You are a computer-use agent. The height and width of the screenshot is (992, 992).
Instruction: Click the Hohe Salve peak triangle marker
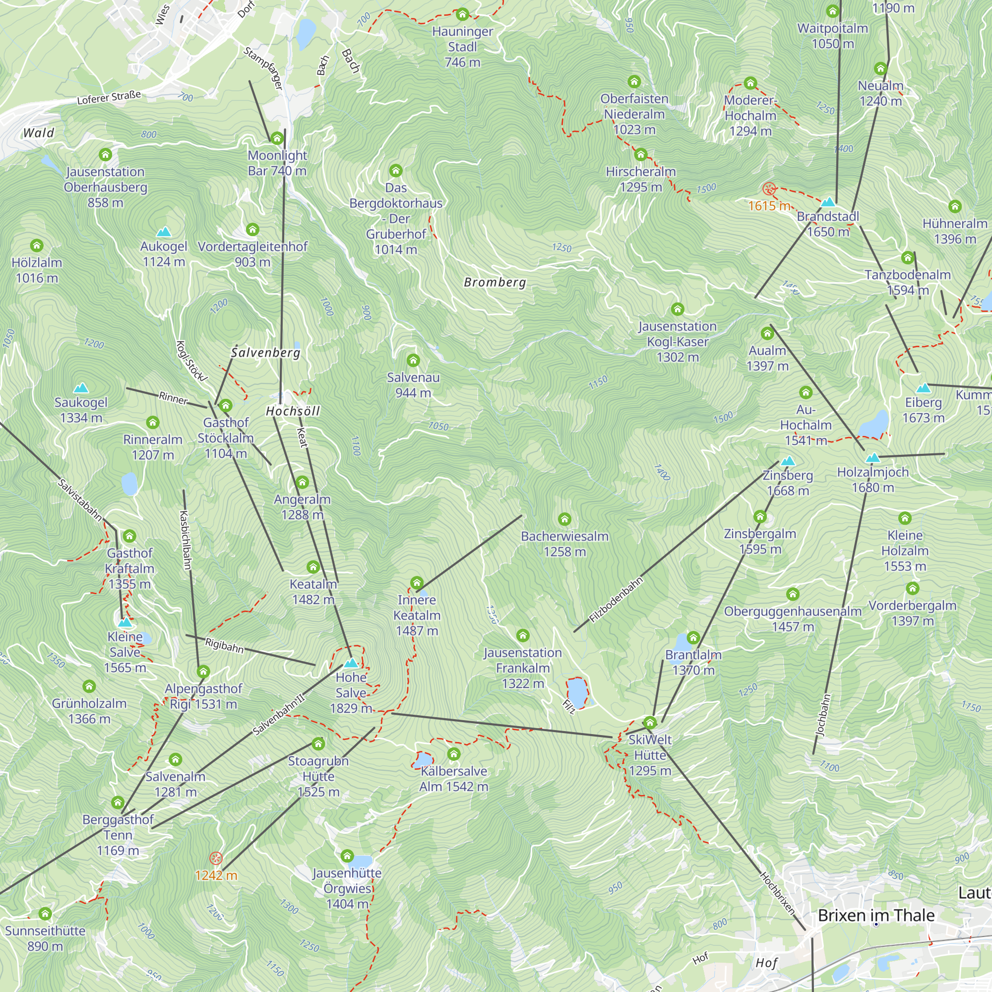tap(351, 663)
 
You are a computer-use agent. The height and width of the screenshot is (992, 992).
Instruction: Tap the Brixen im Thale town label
tap(876, 916)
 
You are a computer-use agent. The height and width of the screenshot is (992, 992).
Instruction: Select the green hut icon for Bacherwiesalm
tap(565, 519)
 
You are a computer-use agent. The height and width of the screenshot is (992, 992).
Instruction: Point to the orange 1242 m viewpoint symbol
tap(216, 858)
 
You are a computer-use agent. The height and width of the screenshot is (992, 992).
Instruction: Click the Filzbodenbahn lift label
tap(616, 600)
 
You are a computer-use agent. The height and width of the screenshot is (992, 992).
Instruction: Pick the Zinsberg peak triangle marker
tap(788, 461)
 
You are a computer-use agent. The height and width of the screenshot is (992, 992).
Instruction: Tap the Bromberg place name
tap(495, 282)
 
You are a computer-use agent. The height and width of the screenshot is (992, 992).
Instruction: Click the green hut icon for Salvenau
tap(413, 361)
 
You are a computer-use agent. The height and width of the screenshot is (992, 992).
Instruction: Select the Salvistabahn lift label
tap(79, 499)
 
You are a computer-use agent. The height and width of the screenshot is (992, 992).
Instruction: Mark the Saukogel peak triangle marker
tap(81, 388)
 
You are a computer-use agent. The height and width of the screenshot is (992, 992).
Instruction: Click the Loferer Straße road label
tap(109, 97)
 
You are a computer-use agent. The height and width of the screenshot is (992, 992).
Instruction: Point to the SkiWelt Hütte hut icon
tap(650, 723)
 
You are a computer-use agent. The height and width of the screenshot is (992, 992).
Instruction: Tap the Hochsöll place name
tap(293, 411)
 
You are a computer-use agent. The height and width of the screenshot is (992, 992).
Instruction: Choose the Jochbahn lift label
tap(823, 715)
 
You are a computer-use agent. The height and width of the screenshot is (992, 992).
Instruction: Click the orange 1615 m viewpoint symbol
tap(769, 189)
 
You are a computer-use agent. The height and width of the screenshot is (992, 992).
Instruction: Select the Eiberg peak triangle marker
tap(923, 388)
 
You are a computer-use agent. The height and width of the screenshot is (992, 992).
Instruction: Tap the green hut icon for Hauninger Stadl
tap(463, 14)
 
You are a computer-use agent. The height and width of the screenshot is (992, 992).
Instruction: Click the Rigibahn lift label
tap(224, 645)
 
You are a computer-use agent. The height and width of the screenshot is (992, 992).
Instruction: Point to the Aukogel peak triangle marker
tap(164, 232)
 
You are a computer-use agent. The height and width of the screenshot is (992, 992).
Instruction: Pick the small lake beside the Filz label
tap(577, 692)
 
